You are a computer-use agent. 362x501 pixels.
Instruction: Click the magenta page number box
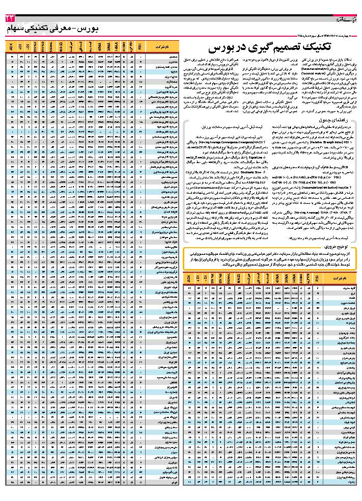pyautogui.click(x=11, y=18)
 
